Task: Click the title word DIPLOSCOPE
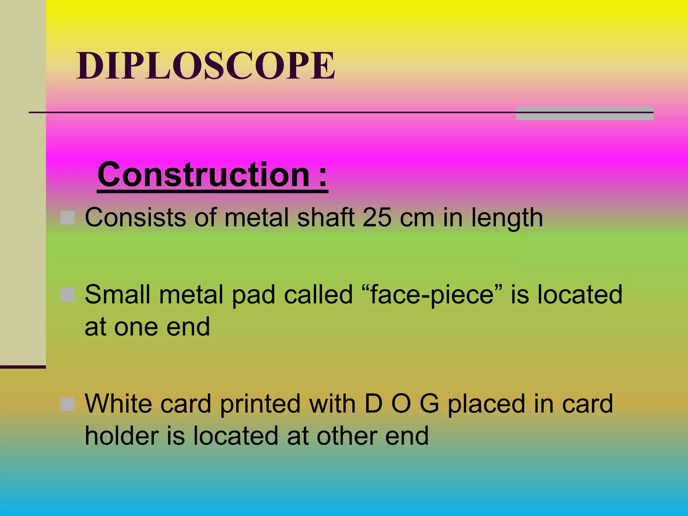coord(206,66)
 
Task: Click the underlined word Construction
coord(204,175)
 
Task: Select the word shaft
coord(326,218)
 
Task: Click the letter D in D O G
coord(373,403)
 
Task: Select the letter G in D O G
coord(429,403)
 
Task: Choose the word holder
coord(122,436)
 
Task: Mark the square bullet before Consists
coord(68,218)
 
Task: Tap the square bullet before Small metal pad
coord(68,295)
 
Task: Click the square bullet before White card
coord(68,403)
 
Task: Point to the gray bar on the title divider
coord(585,114)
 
